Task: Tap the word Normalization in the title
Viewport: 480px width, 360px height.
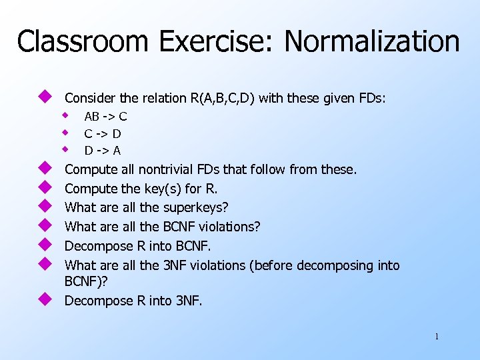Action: pos(372,41)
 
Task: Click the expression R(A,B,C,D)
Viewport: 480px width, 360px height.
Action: pos(222,98)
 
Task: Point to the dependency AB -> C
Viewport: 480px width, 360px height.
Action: pos(105,117)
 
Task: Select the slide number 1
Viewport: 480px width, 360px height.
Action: pos(437,337)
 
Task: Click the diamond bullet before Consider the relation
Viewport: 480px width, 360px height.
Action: pos(45,97)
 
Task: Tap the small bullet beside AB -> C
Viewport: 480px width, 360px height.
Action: pos(66,115)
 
